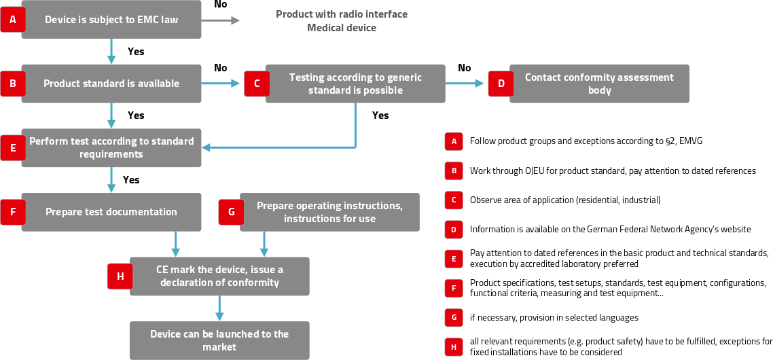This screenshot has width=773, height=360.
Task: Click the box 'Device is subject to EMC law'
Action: [111, 20]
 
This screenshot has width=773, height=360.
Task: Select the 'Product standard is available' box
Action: [111, 84]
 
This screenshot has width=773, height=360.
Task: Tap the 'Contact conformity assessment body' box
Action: [599, 84]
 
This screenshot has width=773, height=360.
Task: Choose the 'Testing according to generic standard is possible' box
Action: [355, 84]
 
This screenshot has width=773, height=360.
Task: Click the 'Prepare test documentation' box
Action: [111, 212]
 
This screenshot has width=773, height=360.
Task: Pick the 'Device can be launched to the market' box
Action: [219, 340]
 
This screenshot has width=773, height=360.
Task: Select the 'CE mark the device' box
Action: [219, 276]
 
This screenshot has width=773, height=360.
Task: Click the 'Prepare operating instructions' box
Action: [329, 212]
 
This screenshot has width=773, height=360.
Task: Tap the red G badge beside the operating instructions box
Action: [231, 212]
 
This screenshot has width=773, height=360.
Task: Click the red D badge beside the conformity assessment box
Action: [501, 84]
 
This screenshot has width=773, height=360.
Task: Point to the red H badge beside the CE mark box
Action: [120, 276]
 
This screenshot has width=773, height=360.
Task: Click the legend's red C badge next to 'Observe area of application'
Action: [454, 200]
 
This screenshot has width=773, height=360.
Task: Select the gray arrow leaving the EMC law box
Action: [221, 20]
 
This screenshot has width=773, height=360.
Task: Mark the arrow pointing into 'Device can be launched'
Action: [219, 308]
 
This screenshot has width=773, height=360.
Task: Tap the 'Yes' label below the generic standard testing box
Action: [380, 115]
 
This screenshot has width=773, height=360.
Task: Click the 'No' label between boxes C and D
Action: [465, 68]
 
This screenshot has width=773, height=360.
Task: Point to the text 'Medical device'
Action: [341, 28]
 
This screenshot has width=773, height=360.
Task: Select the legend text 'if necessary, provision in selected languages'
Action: [554, 317]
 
